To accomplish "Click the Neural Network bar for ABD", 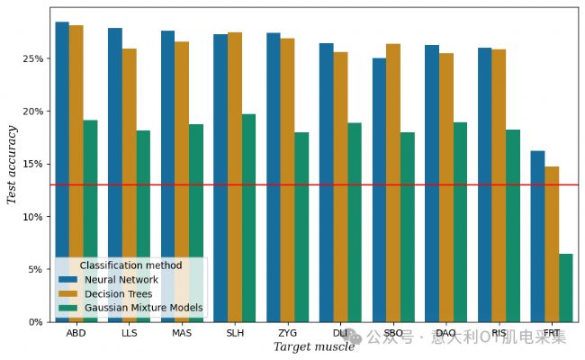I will pyautogui.click(x=62, y=135).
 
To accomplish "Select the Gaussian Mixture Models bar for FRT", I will pyautogui.click(x=565, y=288).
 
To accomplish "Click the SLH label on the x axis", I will pyautogui.click(x=235, y=333).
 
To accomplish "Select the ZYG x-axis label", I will pyautogui.click(x=288, y=333).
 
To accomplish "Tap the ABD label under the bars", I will pyautogui.click(x=76, y=333).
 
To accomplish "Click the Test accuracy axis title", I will pyautogui.click(x=13, y=164).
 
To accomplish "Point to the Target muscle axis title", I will pyautogui.click(x=314, y=347).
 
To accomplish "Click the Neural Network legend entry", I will pyautogui.click(x=121, y=280).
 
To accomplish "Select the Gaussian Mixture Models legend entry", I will pyautogui.click(x=143, y=308).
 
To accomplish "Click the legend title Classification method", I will pyautogui.click(x=130, y=265).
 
